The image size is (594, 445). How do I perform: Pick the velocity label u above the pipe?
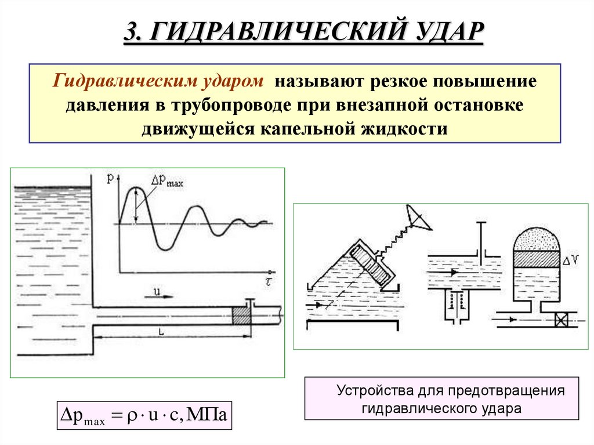[157, 290]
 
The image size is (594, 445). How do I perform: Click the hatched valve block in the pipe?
[240, 315]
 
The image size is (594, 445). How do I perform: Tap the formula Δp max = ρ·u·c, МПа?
[144, 415]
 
